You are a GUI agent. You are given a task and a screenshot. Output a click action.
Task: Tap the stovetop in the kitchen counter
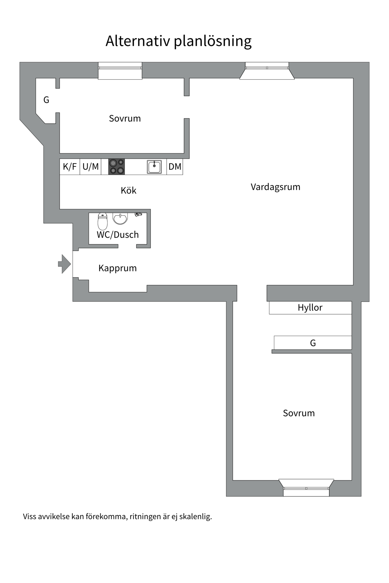tap(116, 167)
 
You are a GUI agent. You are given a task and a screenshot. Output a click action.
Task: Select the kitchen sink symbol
tap(154, 167)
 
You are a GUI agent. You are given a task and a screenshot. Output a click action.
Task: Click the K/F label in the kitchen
tap(70, 167)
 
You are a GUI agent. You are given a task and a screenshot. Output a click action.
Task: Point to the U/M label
tap(91, 167)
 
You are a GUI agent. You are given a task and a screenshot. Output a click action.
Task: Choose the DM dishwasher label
tap(175, 167)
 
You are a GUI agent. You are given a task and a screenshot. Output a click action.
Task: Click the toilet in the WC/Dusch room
tap(102, 221)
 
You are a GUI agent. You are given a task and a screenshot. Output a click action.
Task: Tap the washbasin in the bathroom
tap(120, 218)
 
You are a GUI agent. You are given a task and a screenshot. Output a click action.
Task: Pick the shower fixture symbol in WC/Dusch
tap(138, 214)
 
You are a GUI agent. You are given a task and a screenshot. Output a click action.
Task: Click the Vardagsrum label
tap(275, 187)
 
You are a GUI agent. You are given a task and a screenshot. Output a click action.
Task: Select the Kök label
tap(129, 191)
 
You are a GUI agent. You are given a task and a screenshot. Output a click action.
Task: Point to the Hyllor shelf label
tap(310, 308)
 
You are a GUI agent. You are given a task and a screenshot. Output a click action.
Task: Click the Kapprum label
tap(118, 268)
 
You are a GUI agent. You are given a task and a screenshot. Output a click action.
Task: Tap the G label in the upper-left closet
tap(46, 100)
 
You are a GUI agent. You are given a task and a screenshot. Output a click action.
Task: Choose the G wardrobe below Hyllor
tap(313, 343)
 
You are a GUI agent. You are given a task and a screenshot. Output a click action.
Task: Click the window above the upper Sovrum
tap(120, 70)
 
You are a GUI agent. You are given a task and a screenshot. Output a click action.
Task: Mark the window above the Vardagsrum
tap(267, 70)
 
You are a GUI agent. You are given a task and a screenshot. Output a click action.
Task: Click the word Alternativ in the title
tap(137, 41)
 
